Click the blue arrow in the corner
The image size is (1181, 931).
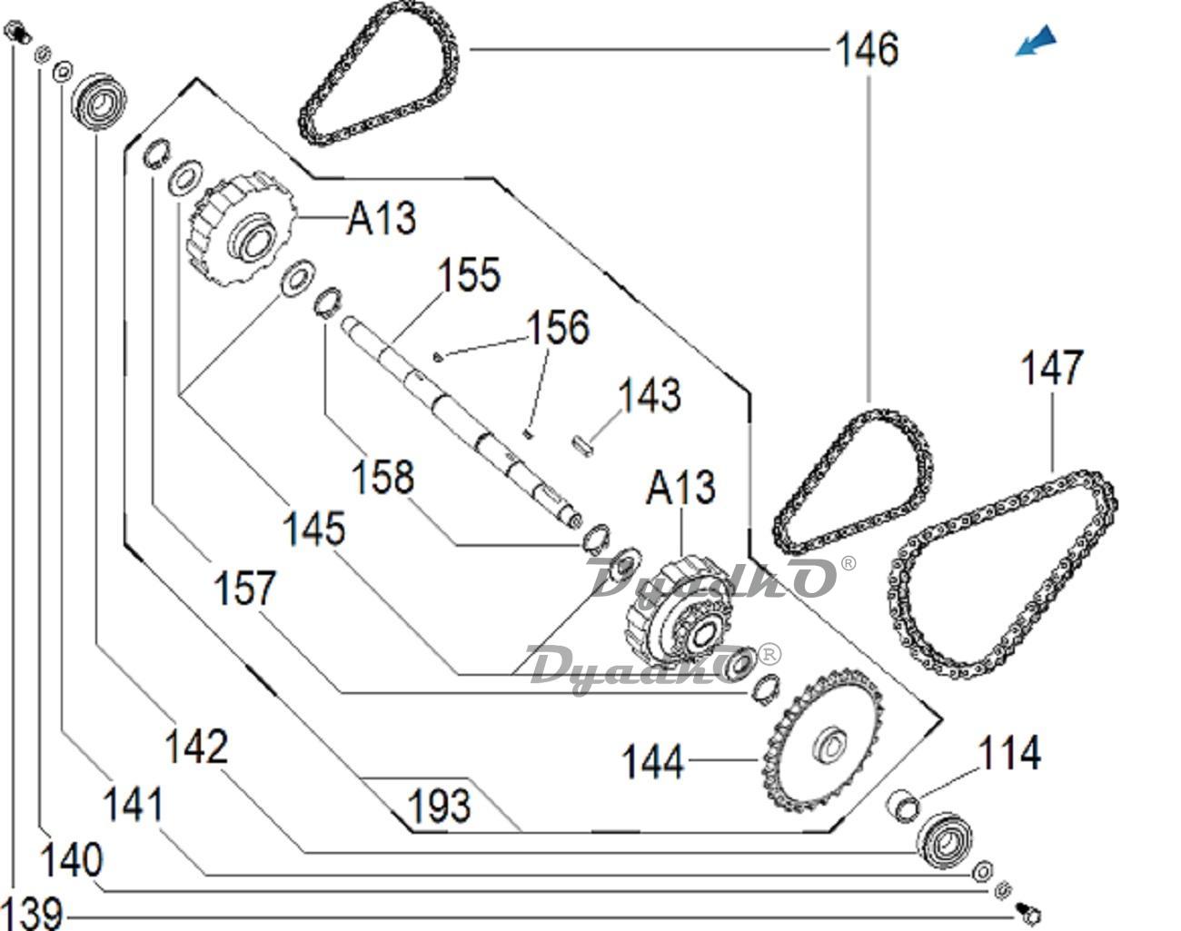click(x=1037, y=41)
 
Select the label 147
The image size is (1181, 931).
click(x=1052, y=368)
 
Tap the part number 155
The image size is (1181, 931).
click(x=470, y=274)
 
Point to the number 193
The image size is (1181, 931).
click(x=439, y=806)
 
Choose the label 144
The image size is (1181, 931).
click(x=652, y=761)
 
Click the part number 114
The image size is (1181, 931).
click(x=1009, y=753)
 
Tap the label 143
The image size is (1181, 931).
click(x=649, y=396)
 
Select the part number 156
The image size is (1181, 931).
click(x=559, y=327)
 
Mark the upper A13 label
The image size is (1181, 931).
click(x=381, y=218)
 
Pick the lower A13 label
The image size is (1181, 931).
click(x=680, y=488)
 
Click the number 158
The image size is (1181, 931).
click(x=382, y=477)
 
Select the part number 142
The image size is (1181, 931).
click(x=195, y=747)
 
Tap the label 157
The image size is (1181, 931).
click(x=243, y=588)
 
